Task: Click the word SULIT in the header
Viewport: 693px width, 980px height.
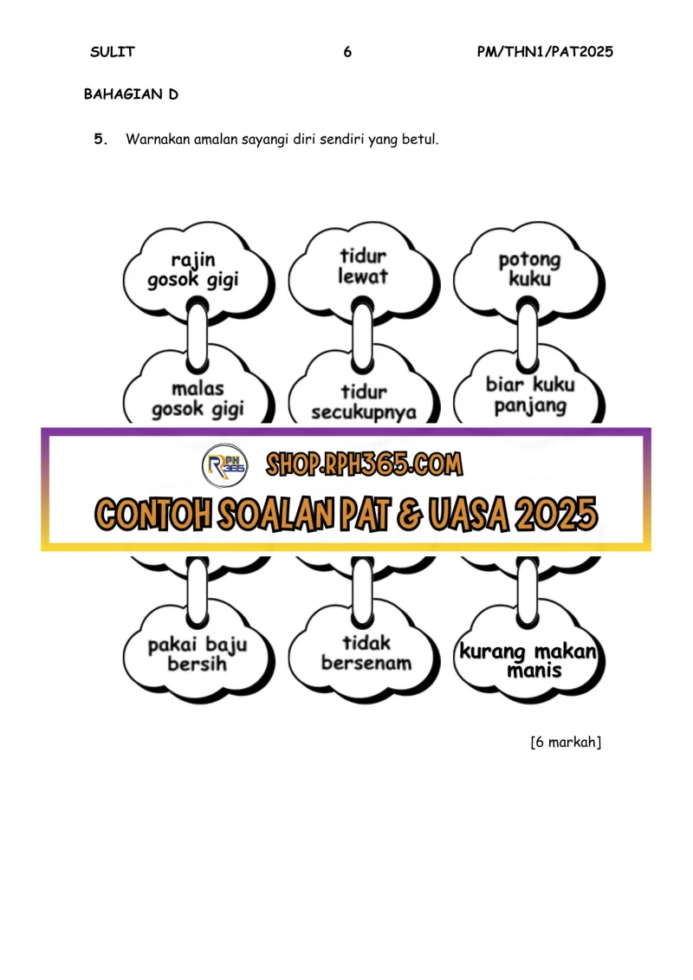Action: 113,52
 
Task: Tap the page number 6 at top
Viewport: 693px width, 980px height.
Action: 347,52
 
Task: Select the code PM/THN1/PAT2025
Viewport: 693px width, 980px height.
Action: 545,52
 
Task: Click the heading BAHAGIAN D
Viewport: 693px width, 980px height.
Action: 131,94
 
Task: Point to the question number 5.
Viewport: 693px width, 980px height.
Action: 100,139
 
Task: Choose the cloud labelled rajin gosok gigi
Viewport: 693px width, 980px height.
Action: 198,272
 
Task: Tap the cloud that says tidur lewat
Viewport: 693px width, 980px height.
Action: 363,271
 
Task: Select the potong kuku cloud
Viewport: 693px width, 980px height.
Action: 528,271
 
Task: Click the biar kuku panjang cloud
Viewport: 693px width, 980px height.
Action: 528,393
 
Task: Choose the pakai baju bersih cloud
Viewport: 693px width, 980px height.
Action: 198,653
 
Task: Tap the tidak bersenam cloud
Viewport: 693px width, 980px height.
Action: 363,653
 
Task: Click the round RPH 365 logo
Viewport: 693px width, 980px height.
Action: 225,465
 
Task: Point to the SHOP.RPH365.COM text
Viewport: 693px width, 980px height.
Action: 365,464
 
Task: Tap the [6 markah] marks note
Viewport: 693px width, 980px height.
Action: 566,742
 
